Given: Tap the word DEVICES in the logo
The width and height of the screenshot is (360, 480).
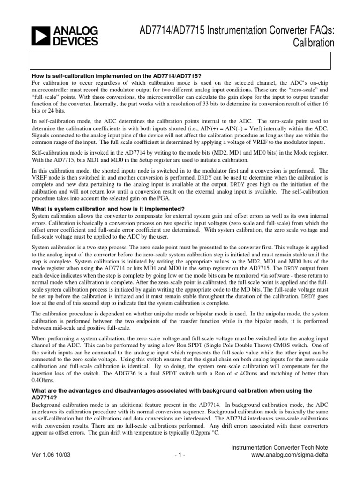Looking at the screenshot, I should [x=75, y=41].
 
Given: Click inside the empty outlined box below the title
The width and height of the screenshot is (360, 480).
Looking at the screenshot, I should [x=180, y=61].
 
